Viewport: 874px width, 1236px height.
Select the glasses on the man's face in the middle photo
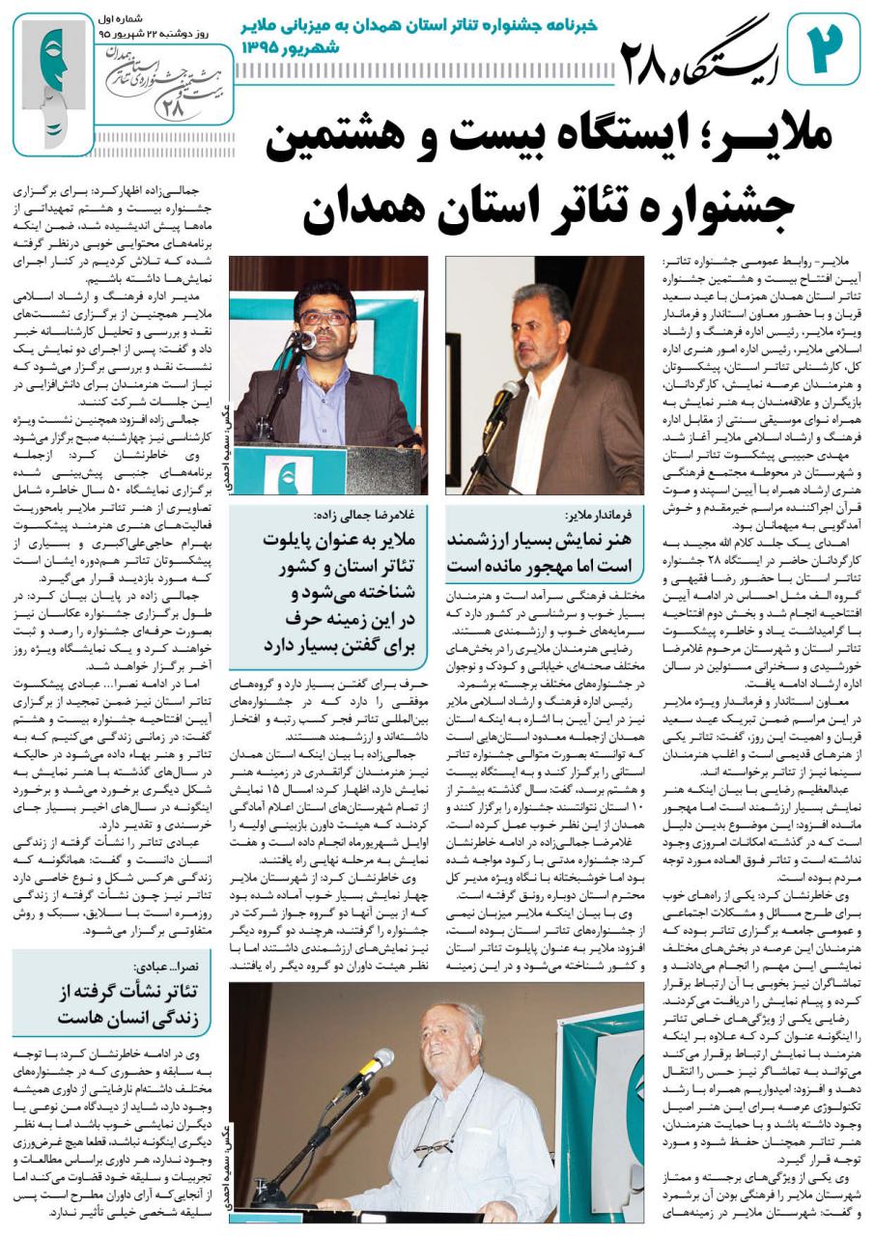[324, 318]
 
